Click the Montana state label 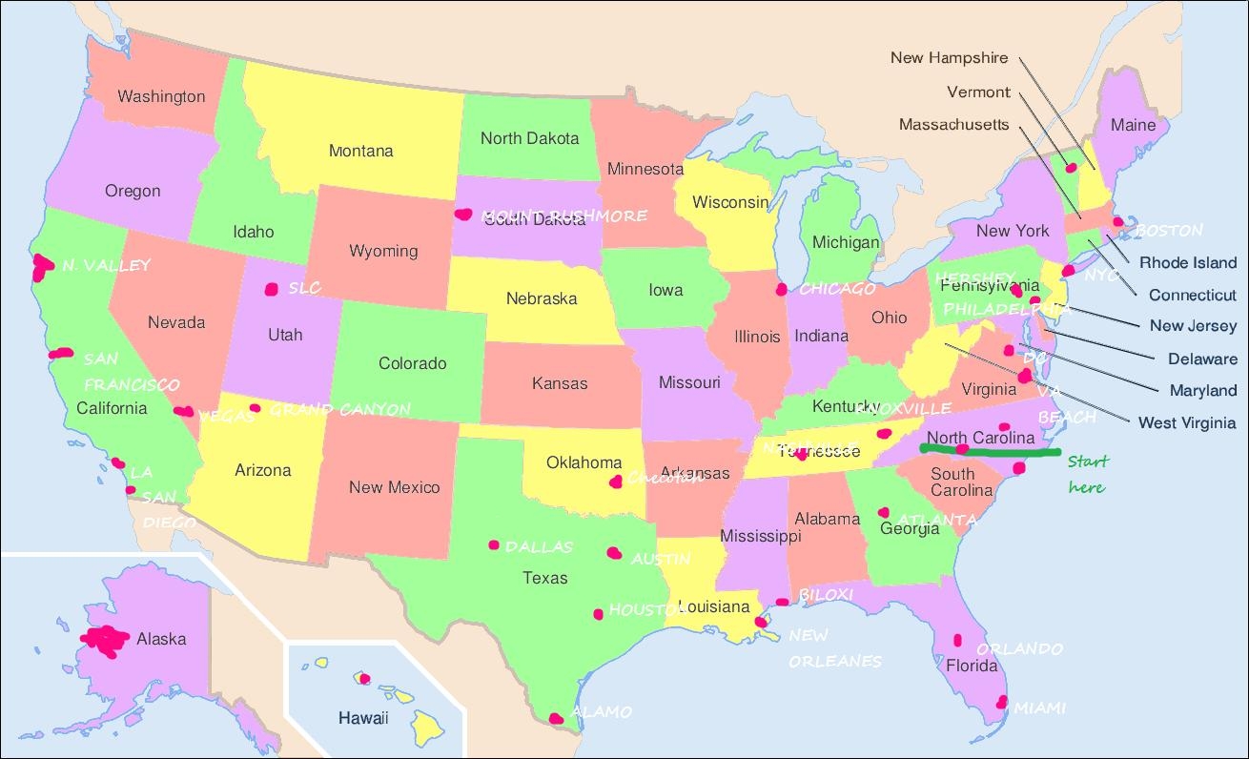360,151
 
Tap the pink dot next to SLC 272,288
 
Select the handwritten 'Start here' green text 1088,474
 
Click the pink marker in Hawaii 364,679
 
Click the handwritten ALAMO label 601,712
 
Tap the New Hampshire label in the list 949,58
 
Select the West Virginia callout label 1187,422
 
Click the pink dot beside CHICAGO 782,288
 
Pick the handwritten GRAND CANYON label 339,410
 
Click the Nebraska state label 542,298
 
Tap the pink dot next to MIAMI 1001,703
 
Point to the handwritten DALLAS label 539,547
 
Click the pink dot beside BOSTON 1118,222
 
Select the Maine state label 1133,125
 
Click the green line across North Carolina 992,451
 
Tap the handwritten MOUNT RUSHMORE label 564,215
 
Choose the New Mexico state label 394,487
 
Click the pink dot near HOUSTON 599,614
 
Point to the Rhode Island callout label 1188,263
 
